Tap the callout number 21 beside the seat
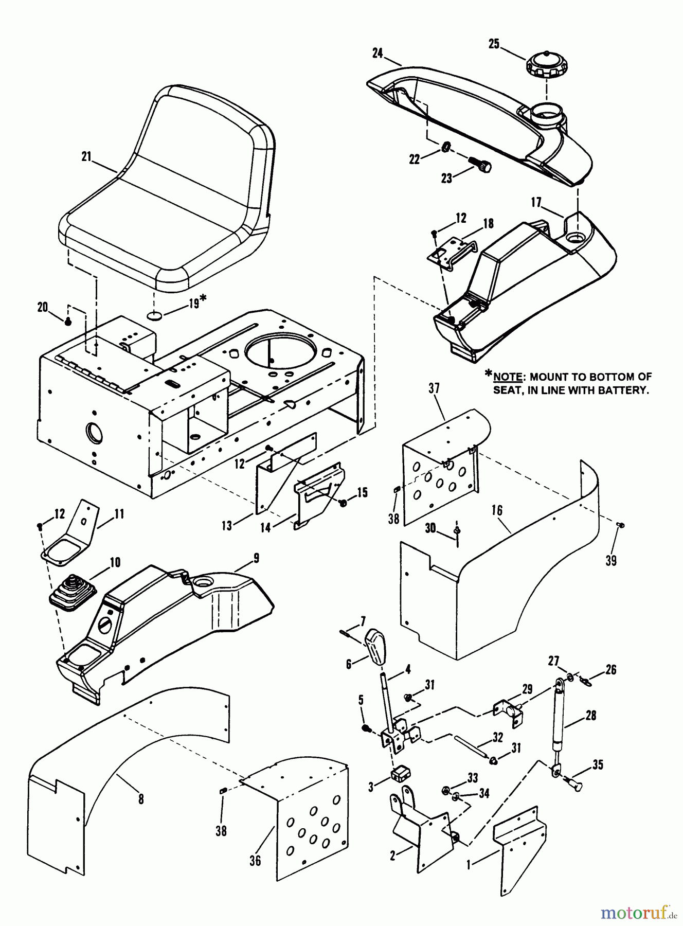coord(86,157)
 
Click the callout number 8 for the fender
coord(141,799)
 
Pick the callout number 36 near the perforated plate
coord(255,860)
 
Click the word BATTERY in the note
coord(621,390)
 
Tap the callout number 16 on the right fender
coord(496,510)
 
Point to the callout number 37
coord(434,388)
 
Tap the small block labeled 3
coord(400,773)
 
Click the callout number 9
coord(256,558)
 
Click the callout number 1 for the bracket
coord(468,865)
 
